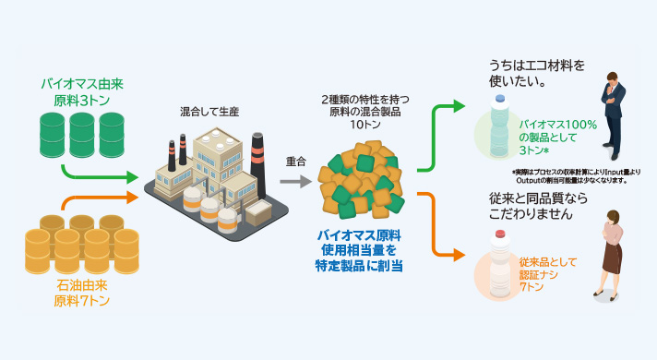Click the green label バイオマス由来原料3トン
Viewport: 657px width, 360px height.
(82, 91)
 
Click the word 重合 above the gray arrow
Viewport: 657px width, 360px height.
(296, 161)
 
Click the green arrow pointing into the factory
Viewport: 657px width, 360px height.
(102, 174)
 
